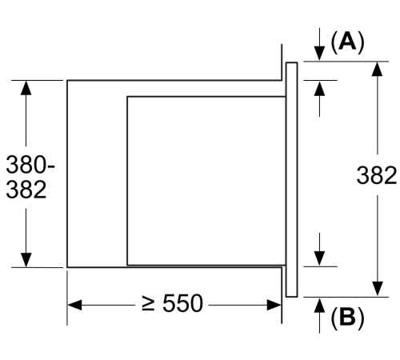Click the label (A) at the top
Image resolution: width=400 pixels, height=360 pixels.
(347, 42)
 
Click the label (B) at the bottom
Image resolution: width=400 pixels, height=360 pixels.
(346, 318)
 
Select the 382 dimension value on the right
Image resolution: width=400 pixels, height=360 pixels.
(376, 175)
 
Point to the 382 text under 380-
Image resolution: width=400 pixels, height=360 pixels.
(26, 190)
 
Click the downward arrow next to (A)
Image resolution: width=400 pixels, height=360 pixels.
(319, 45)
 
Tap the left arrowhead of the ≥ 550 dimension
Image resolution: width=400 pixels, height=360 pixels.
(74, 304)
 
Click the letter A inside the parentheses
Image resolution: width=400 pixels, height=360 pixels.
(347, 42)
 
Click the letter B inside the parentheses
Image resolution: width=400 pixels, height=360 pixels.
(346, 318)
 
